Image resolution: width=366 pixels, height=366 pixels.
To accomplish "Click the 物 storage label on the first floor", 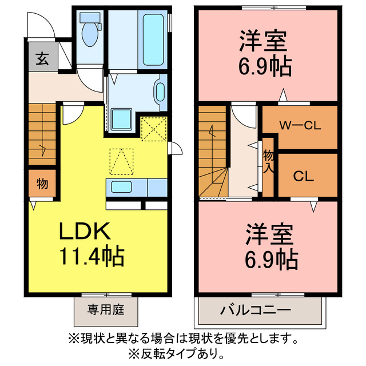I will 42,184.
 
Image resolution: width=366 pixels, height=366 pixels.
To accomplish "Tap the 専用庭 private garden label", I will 106,311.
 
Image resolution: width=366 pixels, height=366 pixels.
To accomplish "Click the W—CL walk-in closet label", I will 300,126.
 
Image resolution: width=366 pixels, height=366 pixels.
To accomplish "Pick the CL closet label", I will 304,176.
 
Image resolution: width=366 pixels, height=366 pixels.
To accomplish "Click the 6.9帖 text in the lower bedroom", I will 272,260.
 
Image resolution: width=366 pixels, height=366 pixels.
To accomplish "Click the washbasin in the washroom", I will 160,92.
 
